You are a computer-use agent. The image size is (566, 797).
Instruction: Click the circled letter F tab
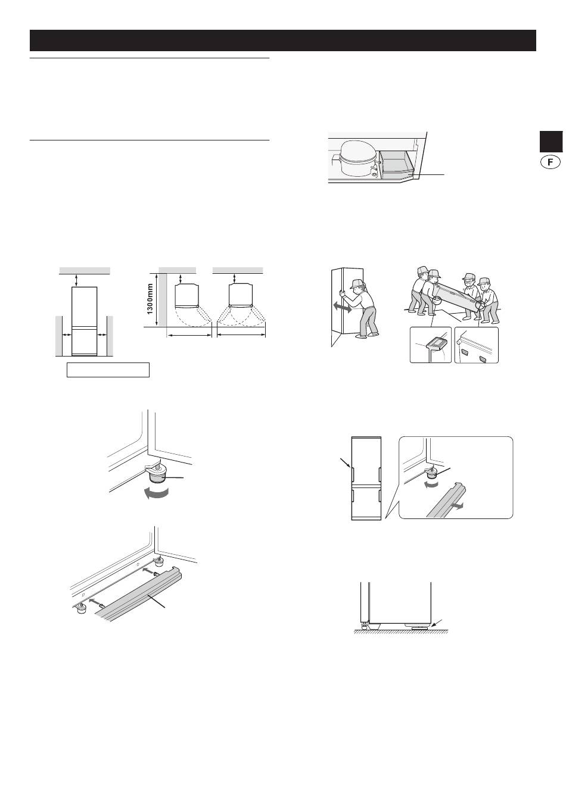point(551,162)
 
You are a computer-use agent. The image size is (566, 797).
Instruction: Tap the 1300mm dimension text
point(150,299)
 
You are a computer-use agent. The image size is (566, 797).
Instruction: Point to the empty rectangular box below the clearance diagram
point(108,370)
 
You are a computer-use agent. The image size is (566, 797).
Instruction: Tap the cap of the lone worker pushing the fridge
point(357,283)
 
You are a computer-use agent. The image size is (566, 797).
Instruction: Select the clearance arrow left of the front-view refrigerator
point(67,335)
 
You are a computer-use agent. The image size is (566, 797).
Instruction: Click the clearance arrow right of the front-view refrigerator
point(102,335)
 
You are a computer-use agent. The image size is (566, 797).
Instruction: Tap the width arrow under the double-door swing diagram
point(241,335)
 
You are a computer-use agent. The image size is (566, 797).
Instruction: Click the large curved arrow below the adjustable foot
point(156,493)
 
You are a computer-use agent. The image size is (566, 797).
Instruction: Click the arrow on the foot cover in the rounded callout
point(457,505)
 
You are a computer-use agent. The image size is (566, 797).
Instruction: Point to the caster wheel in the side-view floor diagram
point(364,627)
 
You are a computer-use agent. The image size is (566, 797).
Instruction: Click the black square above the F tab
point(551,142)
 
